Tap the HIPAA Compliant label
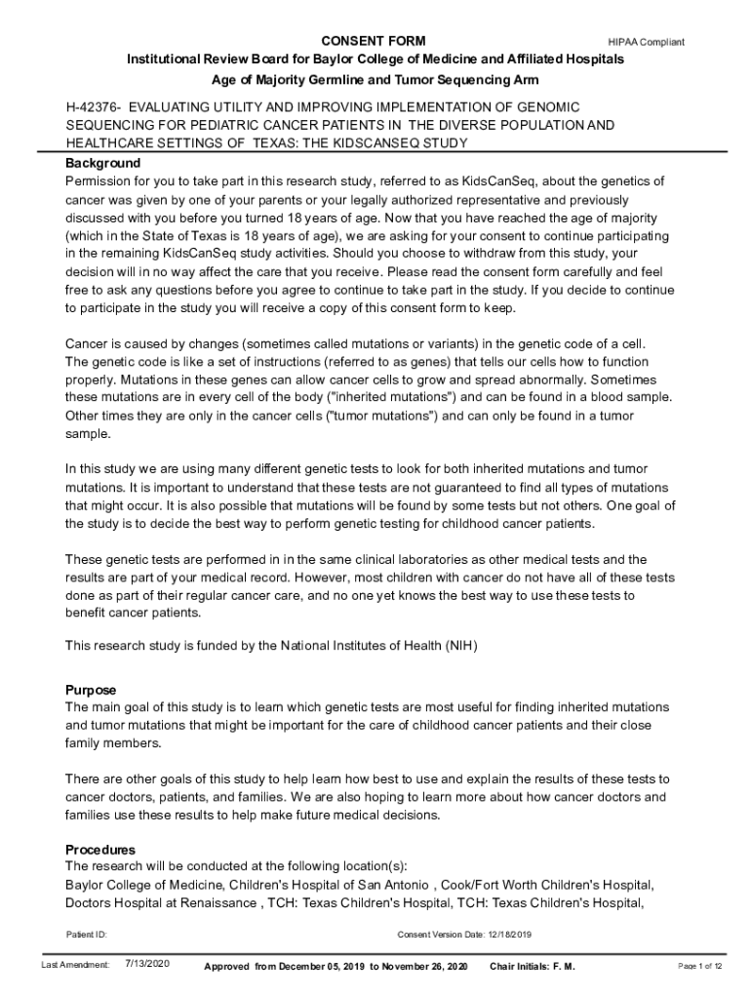point(646,42)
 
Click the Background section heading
point(102,163)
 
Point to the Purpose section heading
point(91,689)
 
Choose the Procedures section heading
point(99,849)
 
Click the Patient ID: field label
point(87,935)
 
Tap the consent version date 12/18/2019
point(505,935)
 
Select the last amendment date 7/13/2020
point(148,964)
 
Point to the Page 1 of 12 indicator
point(699,966)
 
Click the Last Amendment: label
point(75,965)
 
